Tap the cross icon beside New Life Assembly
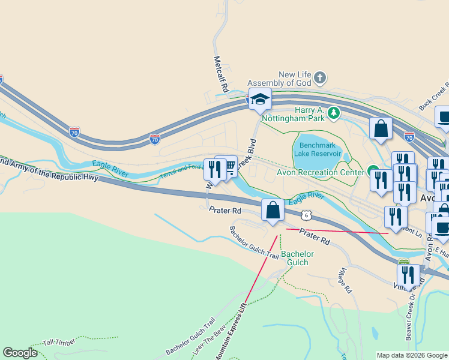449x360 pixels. coord(321,77)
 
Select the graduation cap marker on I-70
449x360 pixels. coord(260,99)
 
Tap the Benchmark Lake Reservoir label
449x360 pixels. coord(317,149)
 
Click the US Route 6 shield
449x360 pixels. coord(306,215)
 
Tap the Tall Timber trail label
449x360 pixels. coord(59,343)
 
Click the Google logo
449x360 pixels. coord(20,352)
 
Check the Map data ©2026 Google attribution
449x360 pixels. coord(412,355)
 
